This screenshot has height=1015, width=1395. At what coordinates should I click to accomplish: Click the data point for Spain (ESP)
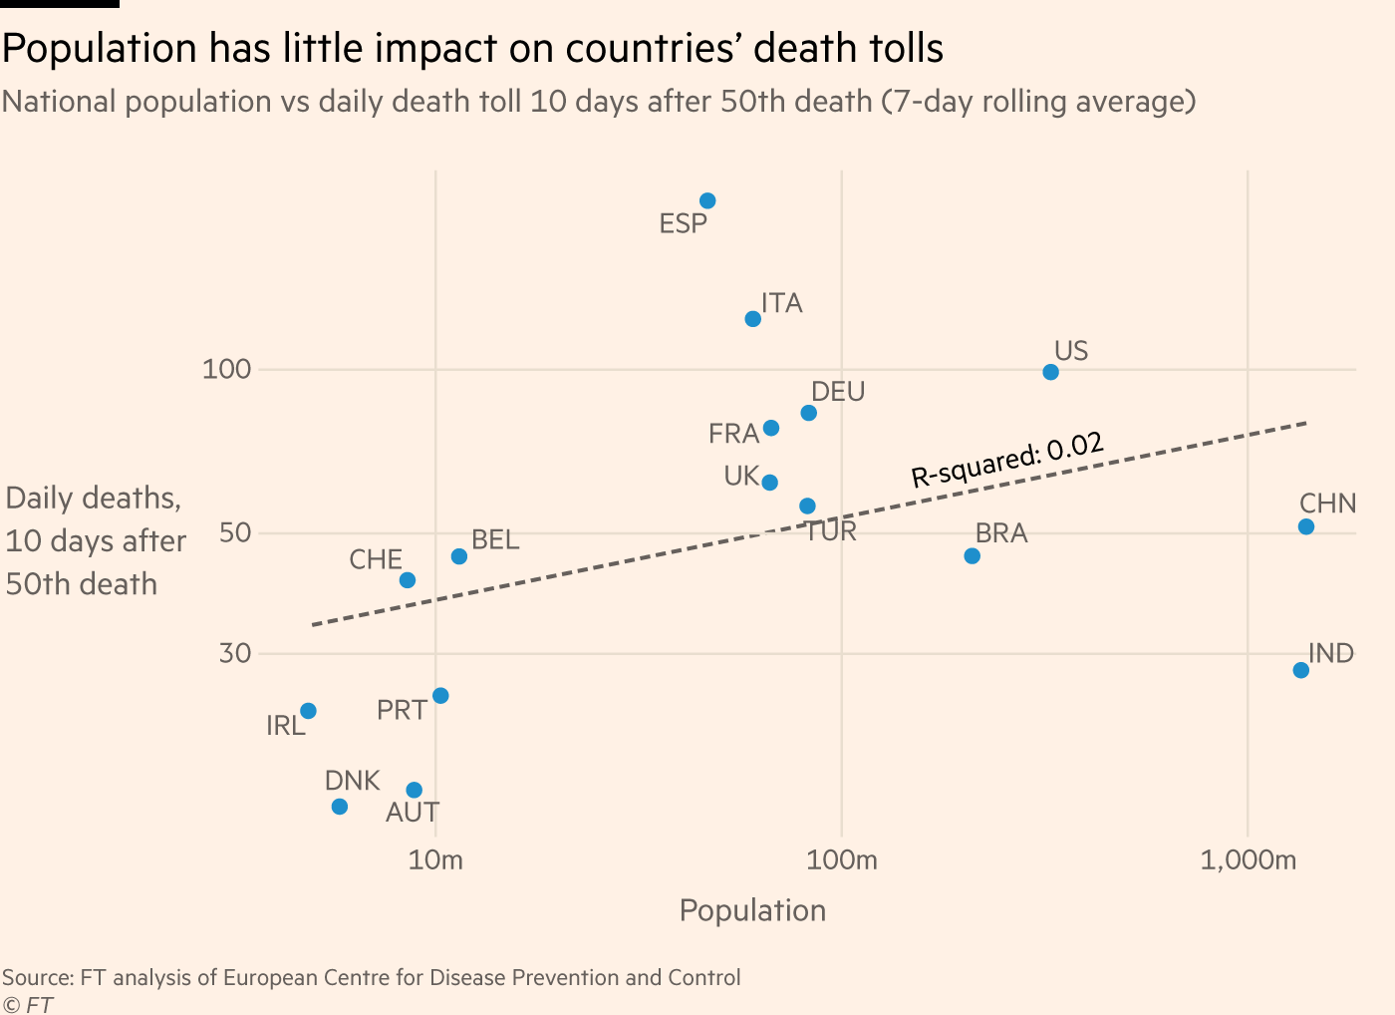[707, 201]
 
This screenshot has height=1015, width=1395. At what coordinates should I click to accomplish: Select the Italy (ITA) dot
[753, 319]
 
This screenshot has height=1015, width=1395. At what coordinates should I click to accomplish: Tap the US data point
[1050, 373]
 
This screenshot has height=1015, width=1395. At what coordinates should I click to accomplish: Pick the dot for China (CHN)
[1306, 526]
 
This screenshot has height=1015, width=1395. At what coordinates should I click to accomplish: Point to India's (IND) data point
[1300, 670]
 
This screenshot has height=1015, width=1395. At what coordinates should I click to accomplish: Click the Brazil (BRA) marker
[973, 556]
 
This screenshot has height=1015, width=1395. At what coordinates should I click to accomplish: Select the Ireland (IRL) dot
[309, 711]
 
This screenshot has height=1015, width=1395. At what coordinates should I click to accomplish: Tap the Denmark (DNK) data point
[340, 807]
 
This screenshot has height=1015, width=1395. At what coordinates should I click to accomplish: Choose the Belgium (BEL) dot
[459, 556]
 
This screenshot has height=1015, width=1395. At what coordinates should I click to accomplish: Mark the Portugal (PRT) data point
[440, 696]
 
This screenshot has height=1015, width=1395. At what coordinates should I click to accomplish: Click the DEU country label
[838, 392]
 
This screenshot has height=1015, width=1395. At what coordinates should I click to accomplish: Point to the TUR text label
[830, 531]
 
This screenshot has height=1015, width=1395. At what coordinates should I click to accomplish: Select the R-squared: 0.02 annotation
[1007, 461]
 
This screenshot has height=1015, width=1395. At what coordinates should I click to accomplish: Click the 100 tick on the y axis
[226, 370]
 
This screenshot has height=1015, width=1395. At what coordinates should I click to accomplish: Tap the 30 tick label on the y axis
[235, 654]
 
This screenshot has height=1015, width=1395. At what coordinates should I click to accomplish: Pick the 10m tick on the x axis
[435, 859]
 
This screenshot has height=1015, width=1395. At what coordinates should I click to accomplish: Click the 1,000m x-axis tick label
[1248, 859]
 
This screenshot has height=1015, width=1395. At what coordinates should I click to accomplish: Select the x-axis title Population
[752, 910]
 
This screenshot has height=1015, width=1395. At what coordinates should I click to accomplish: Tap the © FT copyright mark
[28, 1004]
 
